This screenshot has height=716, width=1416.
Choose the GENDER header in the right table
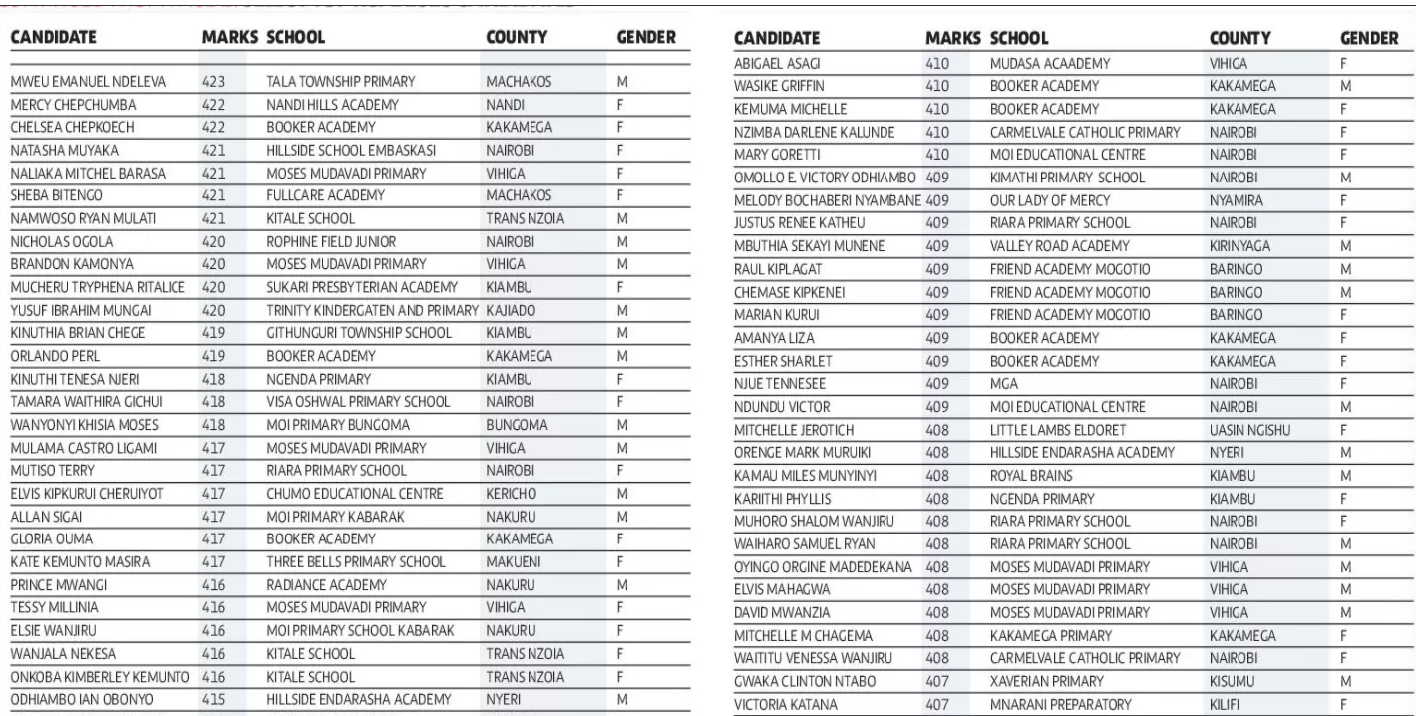pyautogui.click(x=1369, y=38)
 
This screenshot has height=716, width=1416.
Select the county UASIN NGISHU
pyautogui.click(x=1254, y=429)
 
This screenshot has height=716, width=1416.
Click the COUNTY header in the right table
pyautogui.click(x=1239, y=38)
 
